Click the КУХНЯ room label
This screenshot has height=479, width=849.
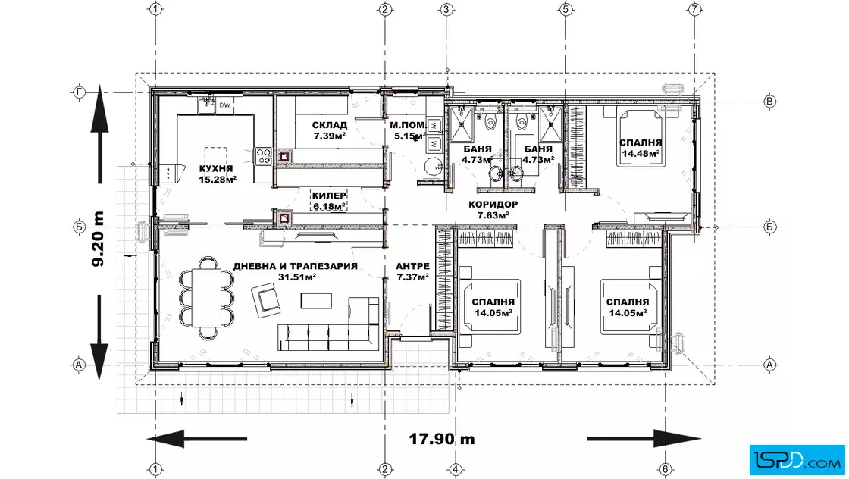(216, 168)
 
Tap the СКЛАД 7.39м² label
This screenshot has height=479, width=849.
(330, 130)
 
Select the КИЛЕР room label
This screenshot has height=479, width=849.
(329, 196)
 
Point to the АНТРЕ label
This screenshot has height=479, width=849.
(412, 266)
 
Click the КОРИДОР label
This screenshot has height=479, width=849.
(493, 205)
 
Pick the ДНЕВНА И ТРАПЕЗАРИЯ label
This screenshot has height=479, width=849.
(296, 266)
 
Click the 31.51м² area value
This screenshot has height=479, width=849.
(297, 277)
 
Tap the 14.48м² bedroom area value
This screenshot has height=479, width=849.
(641, 154)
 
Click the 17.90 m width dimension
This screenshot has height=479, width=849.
(442, 438)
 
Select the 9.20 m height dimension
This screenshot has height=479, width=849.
(98, 239)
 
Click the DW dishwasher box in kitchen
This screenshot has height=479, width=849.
(224, 105)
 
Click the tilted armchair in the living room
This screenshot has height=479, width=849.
(266, 300)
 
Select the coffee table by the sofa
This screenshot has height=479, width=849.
(316, 300)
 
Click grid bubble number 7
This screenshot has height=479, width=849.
(694, 9)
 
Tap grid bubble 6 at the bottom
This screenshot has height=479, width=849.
(666, 469)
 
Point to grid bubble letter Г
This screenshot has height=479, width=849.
(79, 93)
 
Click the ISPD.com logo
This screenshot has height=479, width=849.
(797, 460)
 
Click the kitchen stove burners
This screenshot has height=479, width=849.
(264, 156)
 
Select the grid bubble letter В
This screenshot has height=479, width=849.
(769, 102)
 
